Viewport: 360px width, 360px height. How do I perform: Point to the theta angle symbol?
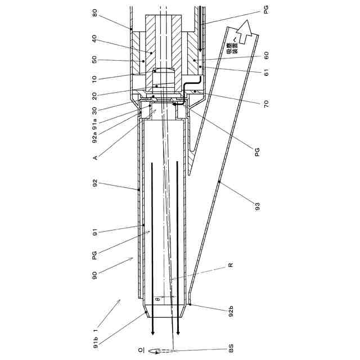pos(159,300)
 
